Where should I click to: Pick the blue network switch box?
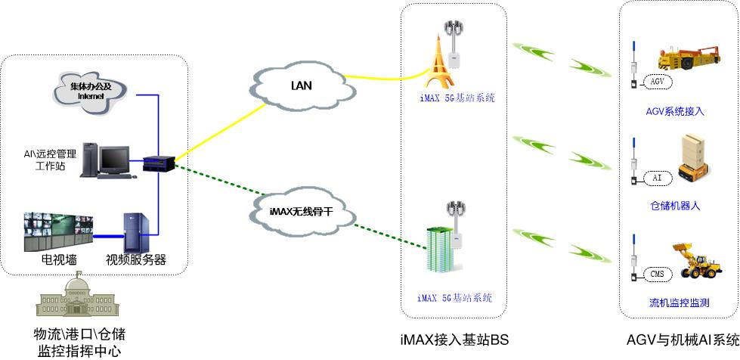pyautogui.click(x=159, y=161)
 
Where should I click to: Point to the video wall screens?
pyautogui.click(x=56, y=231)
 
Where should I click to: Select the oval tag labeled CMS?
pyautogui.click(x=656, y=273)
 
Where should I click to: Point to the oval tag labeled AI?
pyautogui.click(x=656, y=178)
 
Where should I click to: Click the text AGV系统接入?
pyautogui.click(x=675, y=112)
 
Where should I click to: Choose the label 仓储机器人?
pyautogui.click(x=675, y=205)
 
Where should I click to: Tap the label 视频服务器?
pyautogui.click(x=136, y=260)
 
